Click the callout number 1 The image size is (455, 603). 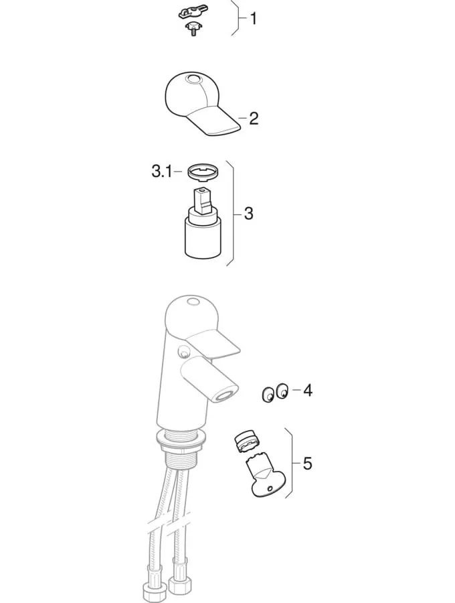click(254, 19)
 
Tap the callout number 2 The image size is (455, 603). click(254, 119)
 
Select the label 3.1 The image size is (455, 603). click(162, 172)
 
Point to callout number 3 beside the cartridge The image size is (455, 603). click(249, 213)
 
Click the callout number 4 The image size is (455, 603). click(308, 391)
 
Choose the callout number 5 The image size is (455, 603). click(307, 464)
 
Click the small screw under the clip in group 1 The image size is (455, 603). click(191, 29)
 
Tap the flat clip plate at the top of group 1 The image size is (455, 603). click(191, 15)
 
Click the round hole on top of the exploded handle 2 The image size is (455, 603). click(193, 80)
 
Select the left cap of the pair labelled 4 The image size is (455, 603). click(268, 395)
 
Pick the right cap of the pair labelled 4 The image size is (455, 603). click(282, 391)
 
